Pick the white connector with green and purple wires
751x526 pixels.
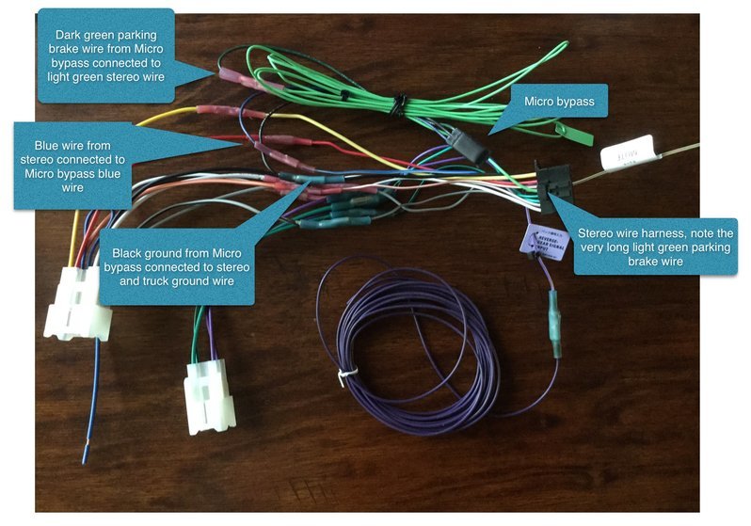point(205,393)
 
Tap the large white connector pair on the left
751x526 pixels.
point(79,302)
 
